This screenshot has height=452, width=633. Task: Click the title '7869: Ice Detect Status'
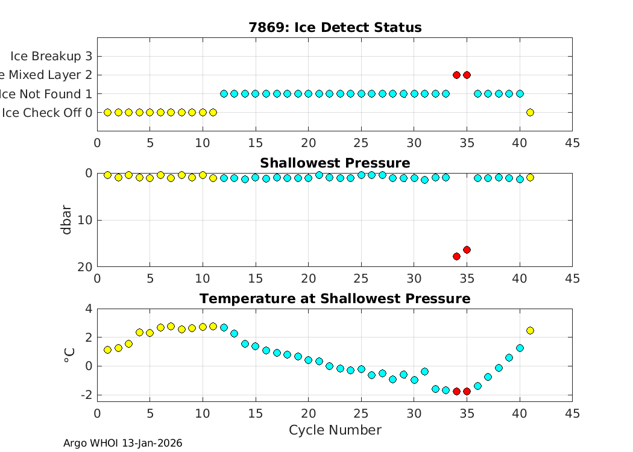pyautogui.click(x=335, y=28)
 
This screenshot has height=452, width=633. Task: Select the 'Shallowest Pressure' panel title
pyautogui.click(x=335, y=163)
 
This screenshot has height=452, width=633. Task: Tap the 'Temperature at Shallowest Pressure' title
pyautogui.click(x=335, y=299)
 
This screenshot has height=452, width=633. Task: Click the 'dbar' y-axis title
pyautogui.click(x=67, y=220)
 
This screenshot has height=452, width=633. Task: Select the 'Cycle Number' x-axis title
pyautogui.click(x=335, y=430)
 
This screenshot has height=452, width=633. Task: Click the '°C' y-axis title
pyautogui.click(x=69, y=356)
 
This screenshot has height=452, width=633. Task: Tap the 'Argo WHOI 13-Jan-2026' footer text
pyautogui.click(x=122, y=444)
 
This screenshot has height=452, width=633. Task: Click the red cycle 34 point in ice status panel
pyautogui.click(x=456, y=75)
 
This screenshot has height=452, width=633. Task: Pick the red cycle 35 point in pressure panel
pyautogui.click(x=467, y=250)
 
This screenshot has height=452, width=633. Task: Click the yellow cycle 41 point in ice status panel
pyautogui.click(x=530, y=112)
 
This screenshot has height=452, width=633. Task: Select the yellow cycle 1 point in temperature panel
pyautogui.click(x=108, y=350)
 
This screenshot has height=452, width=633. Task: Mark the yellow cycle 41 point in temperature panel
pyautogui.click(x=530, y=330)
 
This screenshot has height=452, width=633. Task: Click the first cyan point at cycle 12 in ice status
pyautogui.click(x=224, y=93)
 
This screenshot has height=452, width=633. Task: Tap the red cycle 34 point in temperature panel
pyautogui.click(x=456, y=391)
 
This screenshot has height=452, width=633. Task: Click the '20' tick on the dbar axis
pyautogui.click(x=86, y=266)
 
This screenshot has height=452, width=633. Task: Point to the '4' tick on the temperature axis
pyautogui.click(x=89, y=309)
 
